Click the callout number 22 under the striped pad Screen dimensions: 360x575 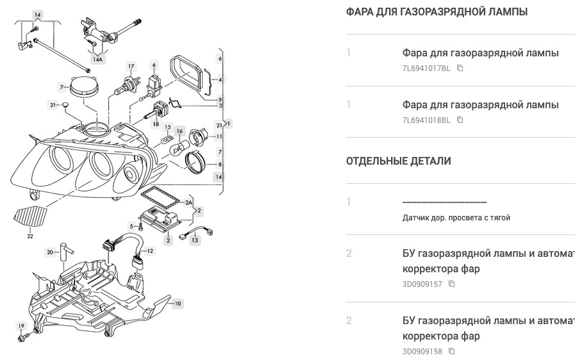(29, 236)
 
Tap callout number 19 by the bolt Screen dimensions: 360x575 (21, 326)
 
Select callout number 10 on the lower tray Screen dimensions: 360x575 (178, 303)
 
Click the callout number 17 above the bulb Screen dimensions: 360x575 (131, 67)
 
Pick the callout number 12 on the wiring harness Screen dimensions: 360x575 (150, 251)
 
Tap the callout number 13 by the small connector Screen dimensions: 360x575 (195, 240)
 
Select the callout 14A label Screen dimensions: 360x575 (97, 59)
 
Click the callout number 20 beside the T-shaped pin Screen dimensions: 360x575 (50, 252)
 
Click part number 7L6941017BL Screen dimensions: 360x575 (426, 68)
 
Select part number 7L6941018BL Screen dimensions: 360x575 (426, 120)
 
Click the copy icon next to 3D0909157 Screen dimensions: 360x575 (452, 284)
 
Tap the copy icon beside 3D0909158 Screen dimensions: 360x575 (452, 351)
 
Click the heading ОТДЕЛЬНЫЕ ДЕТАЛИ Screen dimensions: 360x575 (398, 161)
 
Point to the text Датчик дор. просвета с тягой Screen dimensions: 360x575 (456, 218)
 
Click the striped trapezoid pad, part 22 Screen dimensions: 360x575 (31, 217)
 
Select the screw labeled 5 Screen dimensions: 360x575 (140, 225)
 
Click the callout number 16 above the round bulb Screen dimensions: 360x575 (180, 131)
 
